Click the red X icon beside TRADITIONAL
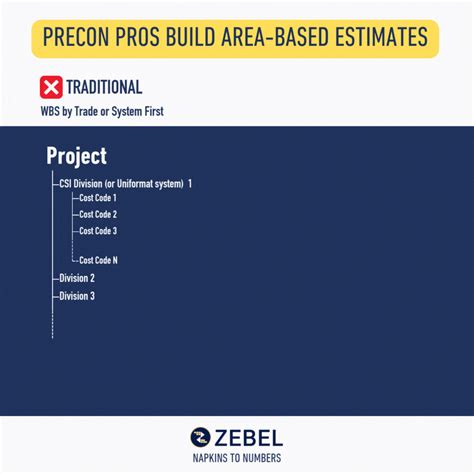(51, 87)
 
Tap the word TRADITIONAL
(105, 87)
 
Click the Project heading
(76, 157)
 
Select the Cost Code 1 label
(98, 199)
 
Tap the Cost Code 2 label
(98, 215)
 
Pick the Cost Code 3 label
(98, 231)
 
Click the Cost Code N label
(98, 260)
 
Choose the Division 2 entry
(77, 278)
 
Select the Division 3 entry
(77, 296)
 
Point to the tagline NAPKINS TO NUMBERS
(237, 458)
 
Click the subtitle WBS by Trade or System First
(101, 110)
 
